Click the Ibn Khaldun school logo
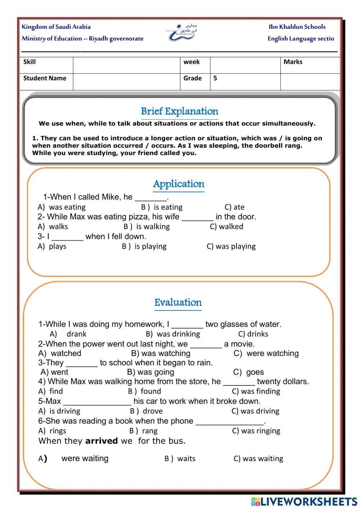(x=182, y=32)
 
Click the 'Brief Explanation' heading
(x=180, y=111)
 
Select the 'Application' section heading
(x=179, y=184)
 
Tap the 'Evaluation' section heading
(x=178, y=302)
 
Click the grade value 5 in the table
(x=215, y=78)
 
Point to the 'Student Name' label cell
(x=45, y=78)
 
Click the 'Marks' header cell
(x=293, y=62)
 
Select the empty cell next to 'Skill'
(x=126, y=65)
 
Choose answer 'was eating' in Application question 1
(x=67, y=207)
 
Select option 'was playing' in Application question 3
(x=235, y=246)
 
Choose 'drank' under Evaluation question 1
(x=76, y=334)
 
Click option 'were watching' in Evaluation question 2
(x=273, y=353)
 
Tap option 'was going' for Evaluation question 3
(x=156, y=372)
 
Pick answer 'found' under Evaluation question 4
(x=150, y=391)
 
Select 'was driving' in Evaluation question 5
(x=260, y=411)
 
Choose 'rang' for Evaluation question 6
(x=149, y=431)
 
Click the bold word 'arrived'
(x=102, y=441)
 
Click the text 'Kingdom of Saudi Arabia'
(x=56, y=27)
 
